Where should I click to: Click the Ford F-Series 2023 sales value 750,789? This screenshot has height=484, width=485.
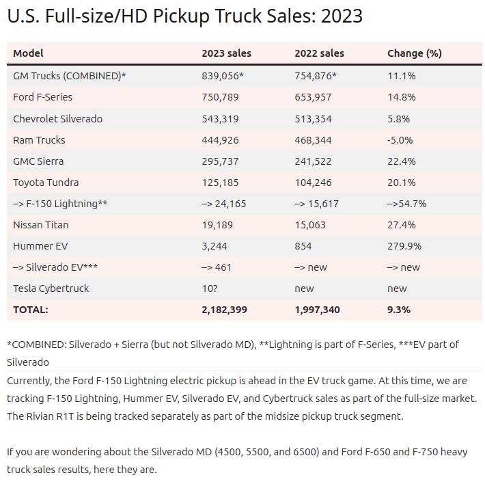coord(220,97)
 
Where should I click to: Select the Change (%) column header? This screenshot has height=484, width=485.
coord(415,53)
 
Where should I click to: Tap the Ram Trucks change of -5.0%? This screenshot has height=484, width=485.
coord(400,140)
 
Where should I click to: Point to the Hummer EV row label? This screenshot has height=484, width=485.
coord(40,246)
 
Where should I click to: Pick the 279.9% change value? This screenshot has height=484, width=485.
coord(404,246)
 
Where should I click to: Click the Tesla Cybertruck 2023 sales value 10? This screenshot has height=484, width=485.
coord(210,288)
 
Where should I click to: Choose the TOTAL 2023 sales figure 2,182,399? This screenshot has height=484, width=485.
coord(225,310)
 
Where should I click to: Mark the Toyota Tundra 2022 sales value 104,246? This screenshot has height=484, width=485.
coord(313,183)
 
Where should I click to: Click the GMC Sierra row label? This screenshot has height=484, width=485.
coord(38,161)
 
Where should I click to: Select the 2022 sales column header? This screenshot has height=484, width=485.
coord(319,53)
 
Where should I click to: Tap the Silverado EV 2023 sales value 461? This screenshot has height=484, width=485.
coord(217,267)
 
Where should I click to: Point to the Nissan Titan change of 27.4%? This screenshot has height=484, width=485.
coord(402,225)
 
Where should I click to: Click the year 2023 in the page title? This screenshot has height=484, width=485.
coord(342,16)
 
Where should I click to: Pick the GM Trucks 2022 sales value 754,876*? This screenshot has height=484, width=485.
coord(316,76)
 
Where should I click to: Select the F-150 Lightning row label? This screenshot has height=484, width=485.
coord(60,204)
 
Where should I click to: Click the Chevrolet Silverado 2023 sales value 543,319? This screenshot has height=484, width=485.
coord(220,119)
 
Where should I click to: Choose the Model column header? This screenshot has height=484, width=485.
coord(28,53)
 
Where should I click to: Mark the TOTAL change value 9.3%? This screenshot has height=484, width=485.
coord(399,310)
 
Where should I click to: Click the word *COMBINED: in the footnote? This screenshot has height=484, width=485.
coord(36,345)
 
